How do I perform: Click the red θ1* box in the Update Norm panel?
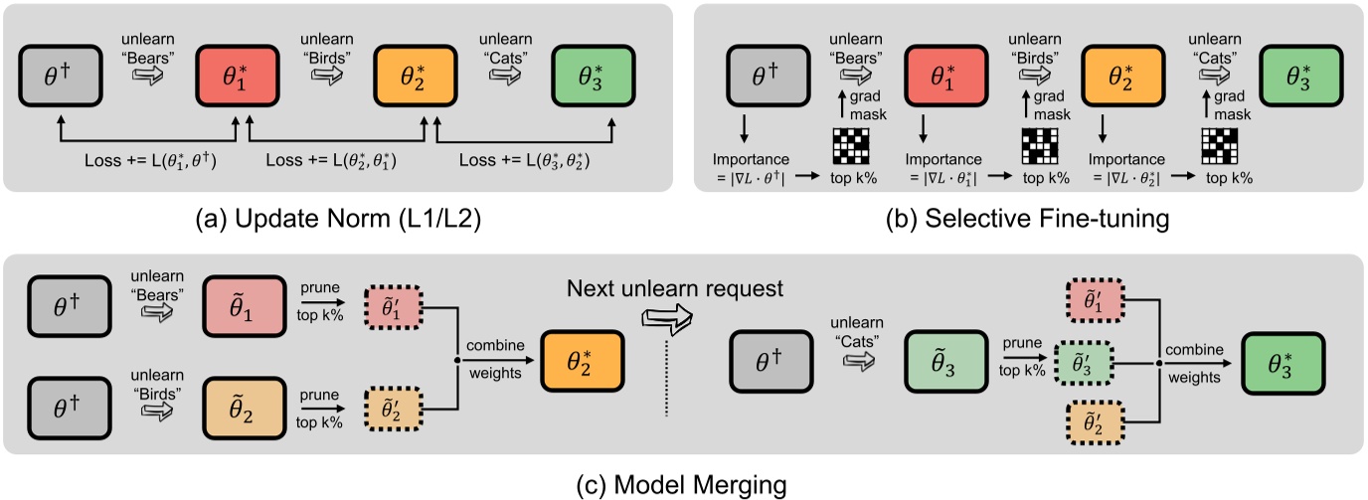tap(236, 74)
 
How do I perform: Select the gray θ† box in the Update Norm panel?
tap(62, 74)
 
